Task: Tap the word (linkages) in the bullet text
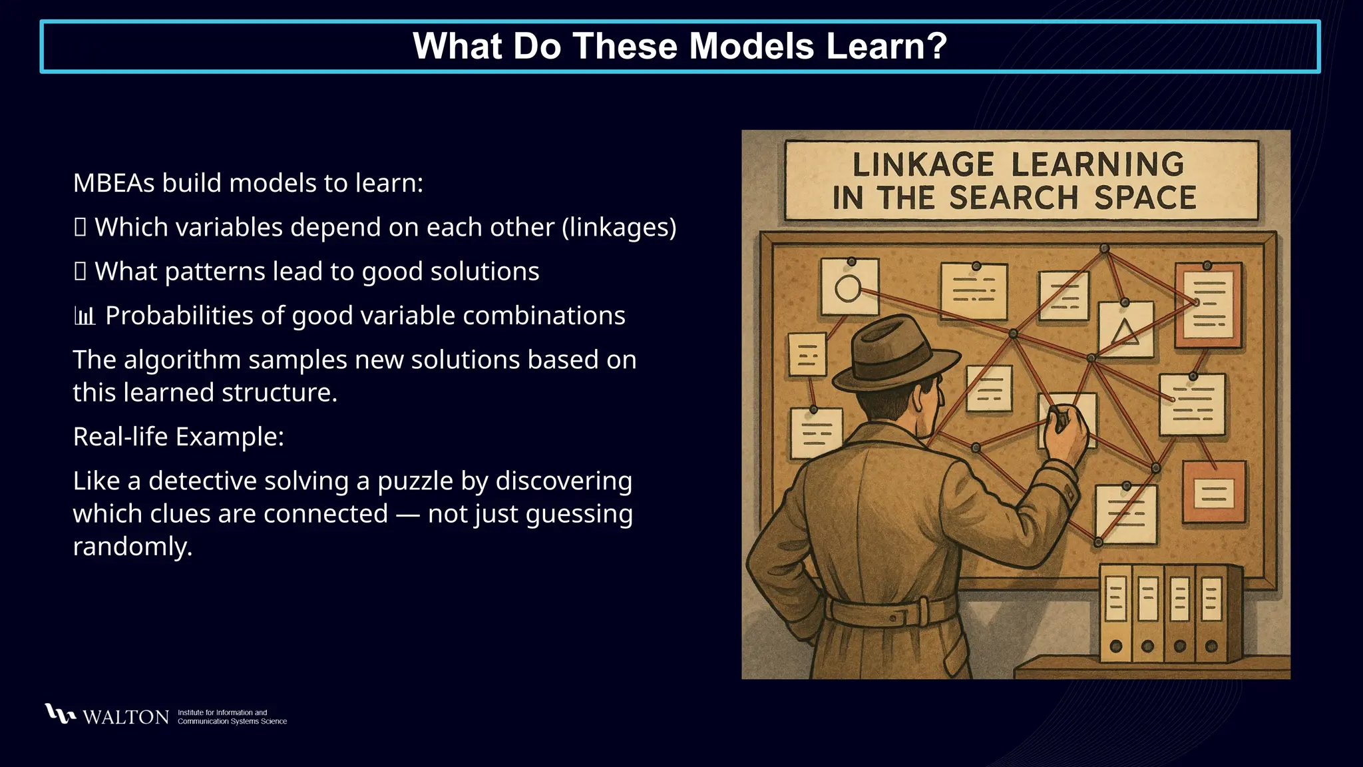619,228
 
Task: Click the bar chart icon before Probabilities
85,316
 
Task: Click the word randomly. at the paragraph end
132,547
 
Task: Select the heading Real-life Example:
178,437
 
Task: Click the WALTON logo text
126,717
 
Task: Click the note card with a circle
849,287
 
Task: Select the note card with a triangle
1125,330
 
